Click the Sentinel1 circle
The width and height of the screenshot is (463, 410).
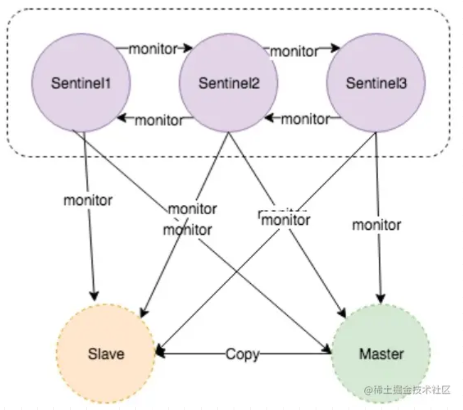click(81, 83)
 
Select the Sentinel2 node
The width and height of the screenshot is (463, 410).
click(229, 83)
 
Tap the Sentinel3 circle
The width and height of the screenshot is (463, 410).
click(376, 83)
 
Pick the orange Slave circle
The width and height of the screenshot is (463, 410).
click(106, 354)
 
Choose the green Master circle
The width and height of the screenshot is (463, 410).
click(381, 354)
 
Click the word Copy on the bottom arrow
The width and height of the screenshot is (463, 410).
click(243, 354)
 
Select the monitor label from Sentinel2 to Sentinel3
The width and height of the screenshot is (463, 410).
click(294, 51)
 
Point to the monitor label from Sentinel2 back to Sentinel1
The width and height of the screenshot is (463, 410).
click(159, 120)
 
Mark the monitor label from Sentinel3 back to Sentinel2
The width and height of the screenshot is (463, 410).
click(305, 119)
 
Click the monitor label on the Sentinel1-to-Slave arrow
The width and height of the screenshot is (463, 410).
click(87, 200)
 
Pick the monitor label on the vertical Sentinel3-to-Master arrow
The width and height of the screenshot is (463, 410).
click(376, 224)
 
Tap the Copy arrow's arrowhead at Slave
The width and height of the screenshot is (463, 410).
click(159, 354)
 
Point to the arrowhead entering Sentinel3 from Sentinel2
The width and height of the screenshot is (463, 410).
click(335, 47)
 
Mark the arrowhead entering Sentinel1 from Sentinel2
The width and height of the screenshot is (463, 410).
click(122, 118)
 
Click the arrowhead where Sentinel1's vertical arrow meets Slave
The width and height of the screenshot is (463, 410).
click(94, 296)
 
